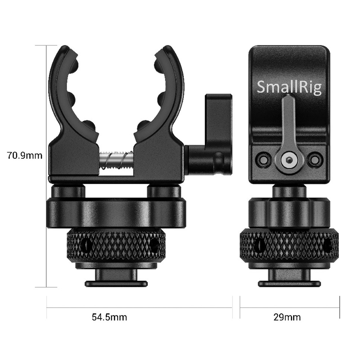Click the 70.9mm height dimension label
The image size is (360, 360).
click(x=24, y=156)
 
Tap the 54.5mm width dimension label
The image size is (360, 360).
click(x=109, y=317)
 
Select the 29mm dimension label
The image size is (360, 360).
click(x=287, y=317)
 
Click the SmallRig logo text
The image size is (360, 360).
click(x=289, y=87)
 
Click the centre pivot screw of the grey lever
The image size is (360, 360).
click(x=289, y=160)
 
